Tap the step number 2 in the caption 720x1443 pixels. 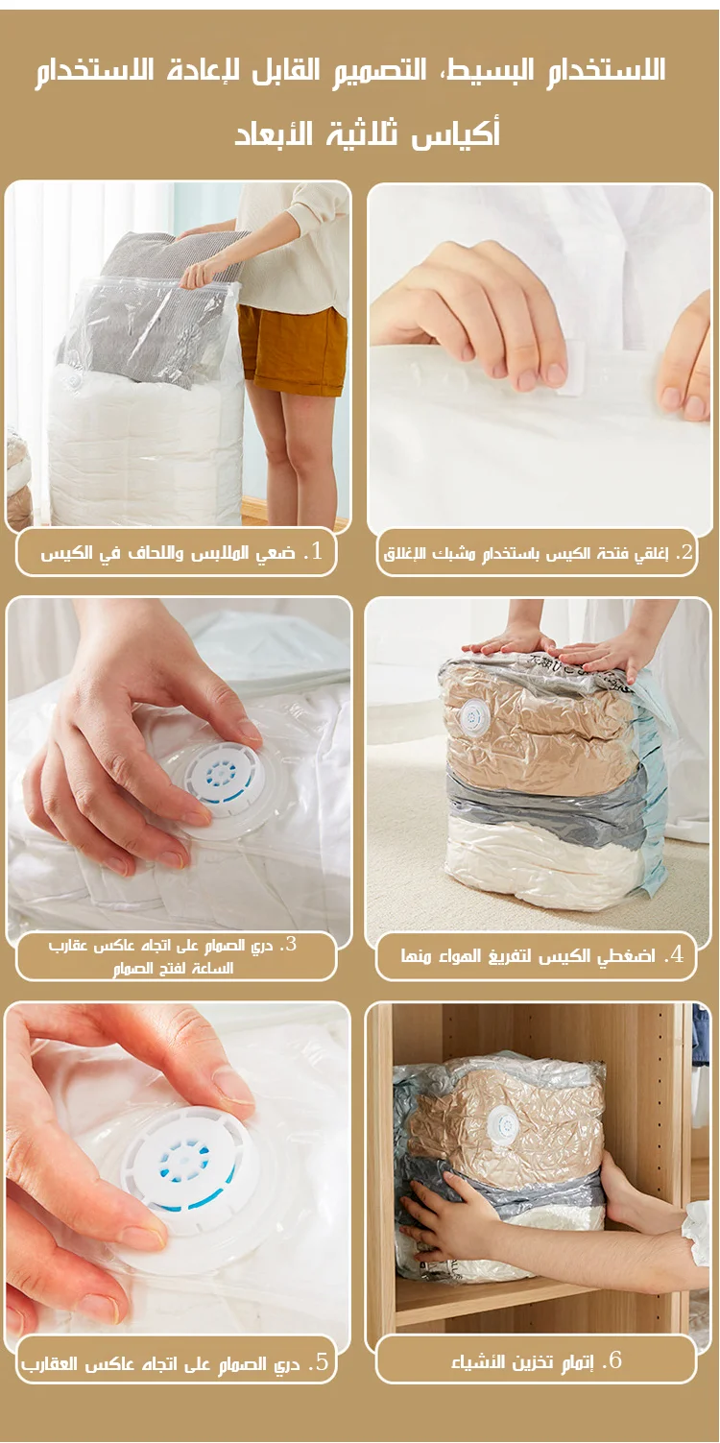click(x=685, y=551)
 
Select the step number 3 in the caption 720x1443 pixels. click(x=291, y=945)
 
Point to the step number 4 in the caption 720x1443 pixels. click(x=676, y=955)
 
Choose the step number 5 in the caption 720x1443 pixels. click(x=322, y=1362)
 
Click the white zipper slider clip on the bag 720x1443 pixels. click(x=571, y=369)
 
